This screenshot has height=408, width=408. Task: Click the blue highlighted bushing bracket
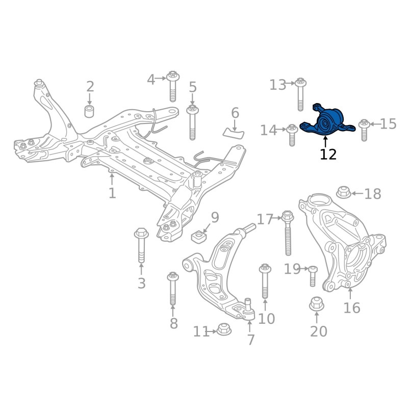point(326,122)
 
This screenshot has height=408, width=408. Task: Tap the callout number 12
point(328,154)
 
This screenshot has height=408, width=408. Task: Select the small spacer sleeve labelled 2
point(90,111)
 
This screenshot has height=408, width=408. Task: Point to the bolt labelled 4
point(172,88)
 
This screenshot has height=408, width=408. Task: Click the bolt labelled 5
point(193,122)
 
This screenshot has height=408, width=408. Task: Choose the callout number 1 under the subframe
point(112,193)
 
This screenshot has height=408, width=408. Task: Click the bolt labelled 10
point(265,282)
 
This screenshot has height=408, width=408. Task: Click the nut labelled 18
point(343,193)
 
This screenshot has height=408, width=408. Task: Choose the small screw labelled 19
point(313,275)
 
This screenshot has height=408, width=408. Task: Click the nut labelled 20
point(316,305)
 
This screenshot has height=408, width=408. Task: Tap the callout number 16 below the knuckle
point(352,308)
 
